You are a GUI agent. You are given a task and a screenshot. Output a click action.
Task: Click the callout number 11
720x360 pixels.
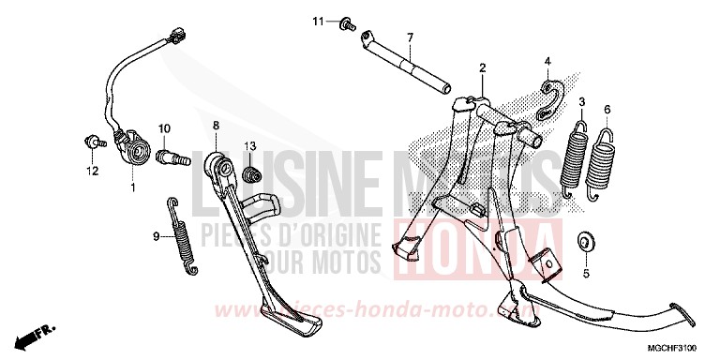click(x=318, y=21)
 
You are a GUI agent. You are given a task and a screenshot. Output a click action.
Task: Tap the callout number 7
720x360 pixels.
click(x=410, y=37)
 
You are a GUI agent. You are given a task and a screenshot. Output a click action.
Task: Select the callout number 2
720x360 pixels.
click(x=482, y=68)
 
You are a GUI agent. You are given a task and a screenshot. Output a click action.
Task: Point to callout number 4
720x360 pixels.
click(x=547, y=62)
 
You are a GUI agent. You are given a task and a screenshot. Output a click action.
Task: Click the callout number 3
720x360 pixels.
click(x=581, y=101)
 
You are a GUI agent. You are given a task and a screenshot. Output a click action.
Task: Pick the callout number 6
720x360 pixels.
click(x=607, y=109)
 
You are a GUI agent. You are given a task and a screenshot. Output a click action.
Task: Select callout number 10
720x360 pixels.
click(x=163, y=128)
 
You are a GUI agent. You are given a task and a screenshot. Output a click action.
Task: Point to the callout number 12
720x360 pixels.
click(x=93, y=171)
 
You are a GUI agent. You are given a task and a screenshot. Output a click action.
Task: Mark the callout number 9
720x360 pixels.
click(x=157, y=236)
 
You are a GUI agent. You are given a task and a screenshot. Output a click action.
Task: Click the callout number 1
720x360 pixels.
click(x=132, y=187)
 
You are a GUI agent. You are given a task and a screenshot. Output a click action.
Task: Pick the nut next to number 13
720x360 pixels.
click(x=250, y=175)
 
